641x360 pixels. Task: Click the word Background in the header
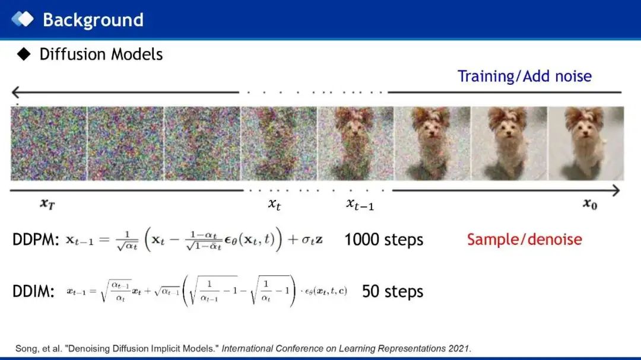(x=93, y=20)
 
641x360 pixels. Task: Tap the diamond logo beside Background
(x=23, y=19)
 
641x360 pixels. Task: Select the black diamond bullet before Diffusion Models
(x=24, y=54)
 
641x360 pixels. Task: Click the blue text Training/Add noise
(x=525, y=76)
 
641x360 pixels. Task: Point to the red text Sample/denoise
(x=525, y=240)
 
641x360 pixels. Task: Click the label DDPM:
(x=36, y=240)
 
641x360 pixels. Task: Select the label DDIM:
(x=33, y=291)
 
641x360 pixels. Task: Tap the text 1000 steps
(x=384, y=240)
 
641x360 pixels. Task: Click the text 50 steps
(x=392, y=291)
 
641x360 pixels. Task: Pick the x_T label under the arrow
(x=47, y=203)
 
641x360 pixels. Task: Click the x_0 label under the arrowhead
(x=590, y=203)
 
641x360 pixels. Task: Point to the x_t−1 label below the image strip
(x=360, y=204)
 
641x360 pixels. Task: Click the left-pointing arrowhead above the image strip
(x=15, y=93)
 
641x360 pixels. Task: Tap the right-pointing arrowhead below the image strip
(x=615, y=190)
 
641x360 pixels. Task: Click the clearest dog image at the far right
(x=586, y=144)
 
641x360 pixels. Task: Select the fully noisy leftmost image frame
(x=49, y=144)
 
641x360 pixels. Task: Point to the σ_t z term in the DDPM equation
(x=312, y=240)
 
